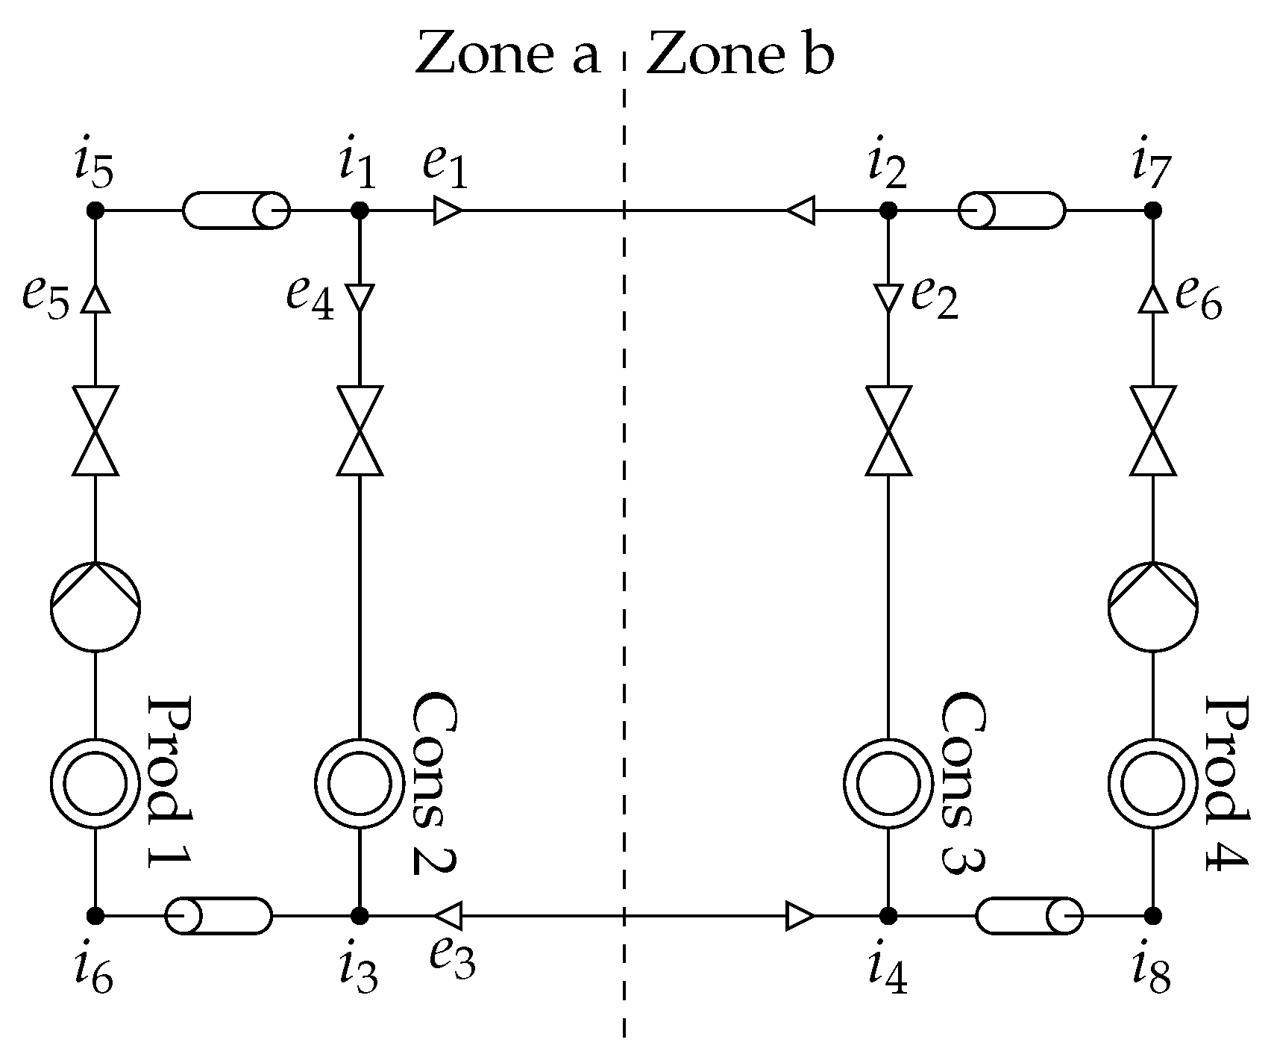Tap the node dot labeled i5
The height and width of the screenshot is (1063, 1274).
(95, 211)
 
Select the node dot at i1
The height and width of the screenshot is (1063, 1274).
(360, 211)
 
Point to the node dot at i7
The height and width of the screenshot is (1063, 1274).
(1153, 211)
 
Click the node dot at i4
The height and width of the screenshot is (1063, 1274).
(888, 915)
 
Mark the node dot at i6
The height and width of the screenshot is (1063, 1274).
(95, 915)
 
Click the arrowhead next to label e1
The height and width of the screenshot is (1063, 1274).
(448, 211)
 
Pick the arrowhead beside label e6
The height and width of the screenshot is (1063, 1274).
(1153, 299)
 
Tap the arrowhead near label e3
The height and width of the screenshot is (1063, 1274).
(449, 915)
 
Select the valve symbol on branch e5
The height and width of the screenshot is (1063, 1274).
(95, 431)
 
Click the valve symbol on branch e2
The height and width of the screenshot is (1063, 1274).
(888, 431)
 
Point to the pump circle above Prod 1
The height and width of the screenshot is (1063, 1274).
(95, 605)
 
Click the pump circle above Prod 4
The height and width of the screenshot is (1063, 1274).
(1153, 605)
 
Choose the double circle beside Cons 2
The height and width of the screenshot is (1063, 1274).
(360, 783)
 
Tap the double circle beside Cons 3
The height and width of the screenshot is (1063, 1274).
(888, 783)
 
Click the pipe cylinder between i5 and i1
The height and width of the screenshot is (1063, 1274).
(236, 211)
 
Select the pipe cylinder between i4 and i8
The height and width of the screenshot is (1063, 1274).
(1029, 915)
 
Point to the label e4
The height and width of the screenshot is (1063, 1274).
(310, 299)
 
